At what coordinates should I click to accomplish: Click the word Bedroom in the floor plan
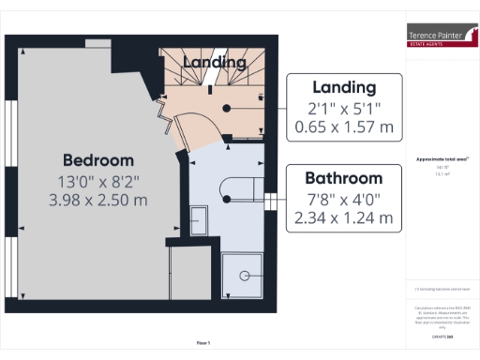coord(98,159)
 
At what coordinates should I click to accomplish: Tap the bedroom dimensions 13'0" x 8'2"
coord(98,180)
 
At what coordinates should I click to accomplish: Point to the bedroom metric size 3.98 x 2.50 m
coord(98,200)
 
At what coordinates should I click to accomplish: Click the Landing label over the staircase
coord(215,62)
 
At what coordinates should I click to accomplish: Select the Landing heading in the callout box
coord(344,87)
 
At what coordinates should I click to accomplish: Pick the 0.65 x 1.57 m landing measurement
coord(344,126)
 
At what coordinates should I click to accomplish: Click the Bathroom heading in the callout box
coord(344,178)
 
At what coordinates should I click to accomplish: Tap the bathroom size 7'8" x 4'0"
coord(344,199)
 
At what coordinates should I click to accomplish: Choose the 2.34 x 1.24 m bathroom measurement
coord(344,218)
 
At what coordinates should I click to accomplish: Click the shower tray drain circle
coord(244,275)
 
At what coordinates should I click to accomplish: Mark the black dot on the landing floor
coord(226,107)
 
